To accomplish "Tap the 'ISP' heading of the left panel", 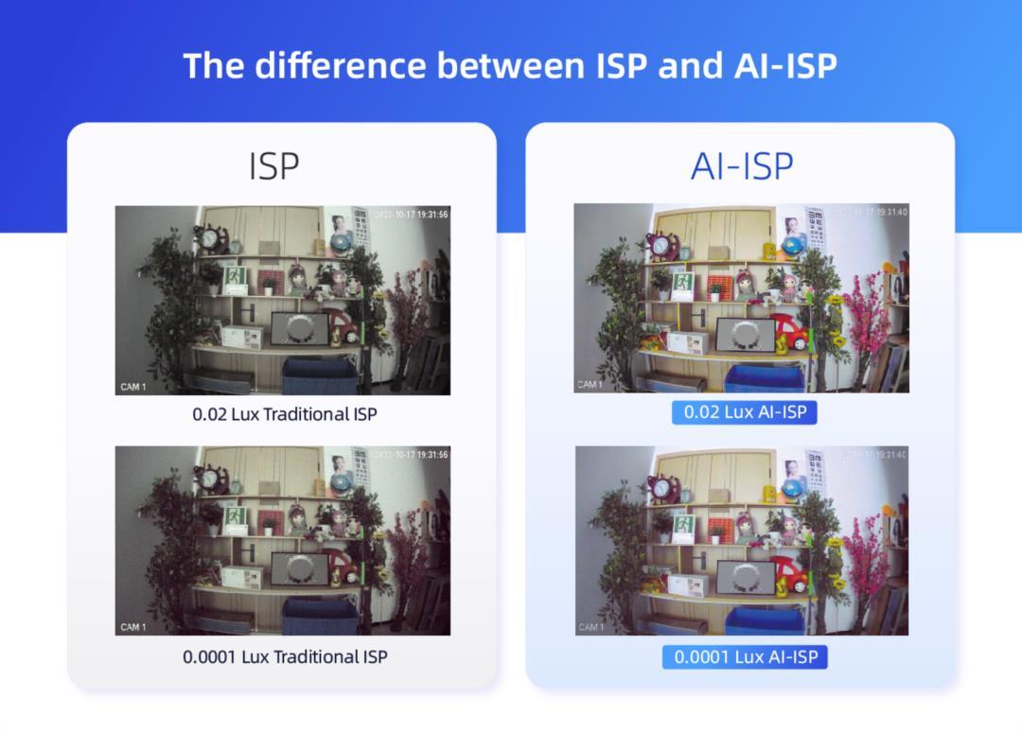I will tap(274, 166).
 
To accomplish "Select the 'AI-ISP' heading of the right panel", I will tap(742, 166).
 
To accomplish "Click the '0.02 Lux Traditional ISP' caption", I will tap(285, 414).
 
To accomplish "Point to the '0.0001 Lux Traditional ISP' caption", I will tap(285, 656).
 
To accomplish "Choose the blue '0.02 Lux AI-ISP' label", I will tap(744, 412).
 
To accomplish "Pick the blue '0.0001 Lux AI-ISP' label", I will tap(745, 656).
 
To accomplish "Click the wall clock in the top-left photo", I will tap(208, 240).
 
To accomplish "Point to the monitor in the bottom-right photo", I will tap(746, 577).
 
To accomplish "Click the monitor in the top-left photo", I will tap(300, 328).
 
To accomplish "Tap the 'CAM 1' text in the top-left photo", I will tap(133, 387).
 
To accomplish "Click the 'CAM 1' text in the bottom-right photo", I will tap(590, 626).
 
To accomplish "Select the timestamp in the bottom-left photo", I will tap(412, 455).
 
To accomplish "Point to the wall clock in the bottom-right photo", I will tap(661, 489).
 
